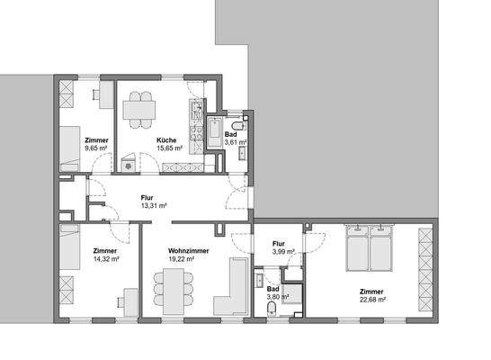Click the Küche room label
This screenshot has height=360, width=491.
[x=165, y=140]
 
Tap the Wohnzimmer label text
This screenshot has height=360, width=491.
[x=188, y=251]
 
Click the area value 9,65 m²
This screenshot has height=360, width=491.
[x=97, y=149]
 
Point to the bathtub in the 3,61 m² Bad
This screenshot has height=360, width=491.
[x=213, y=134]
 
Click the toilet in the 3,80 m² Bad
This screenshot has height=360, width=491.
[x=272, y=309]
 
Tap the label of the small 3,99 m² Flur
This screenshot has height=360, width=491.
[x=279, y=243]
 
